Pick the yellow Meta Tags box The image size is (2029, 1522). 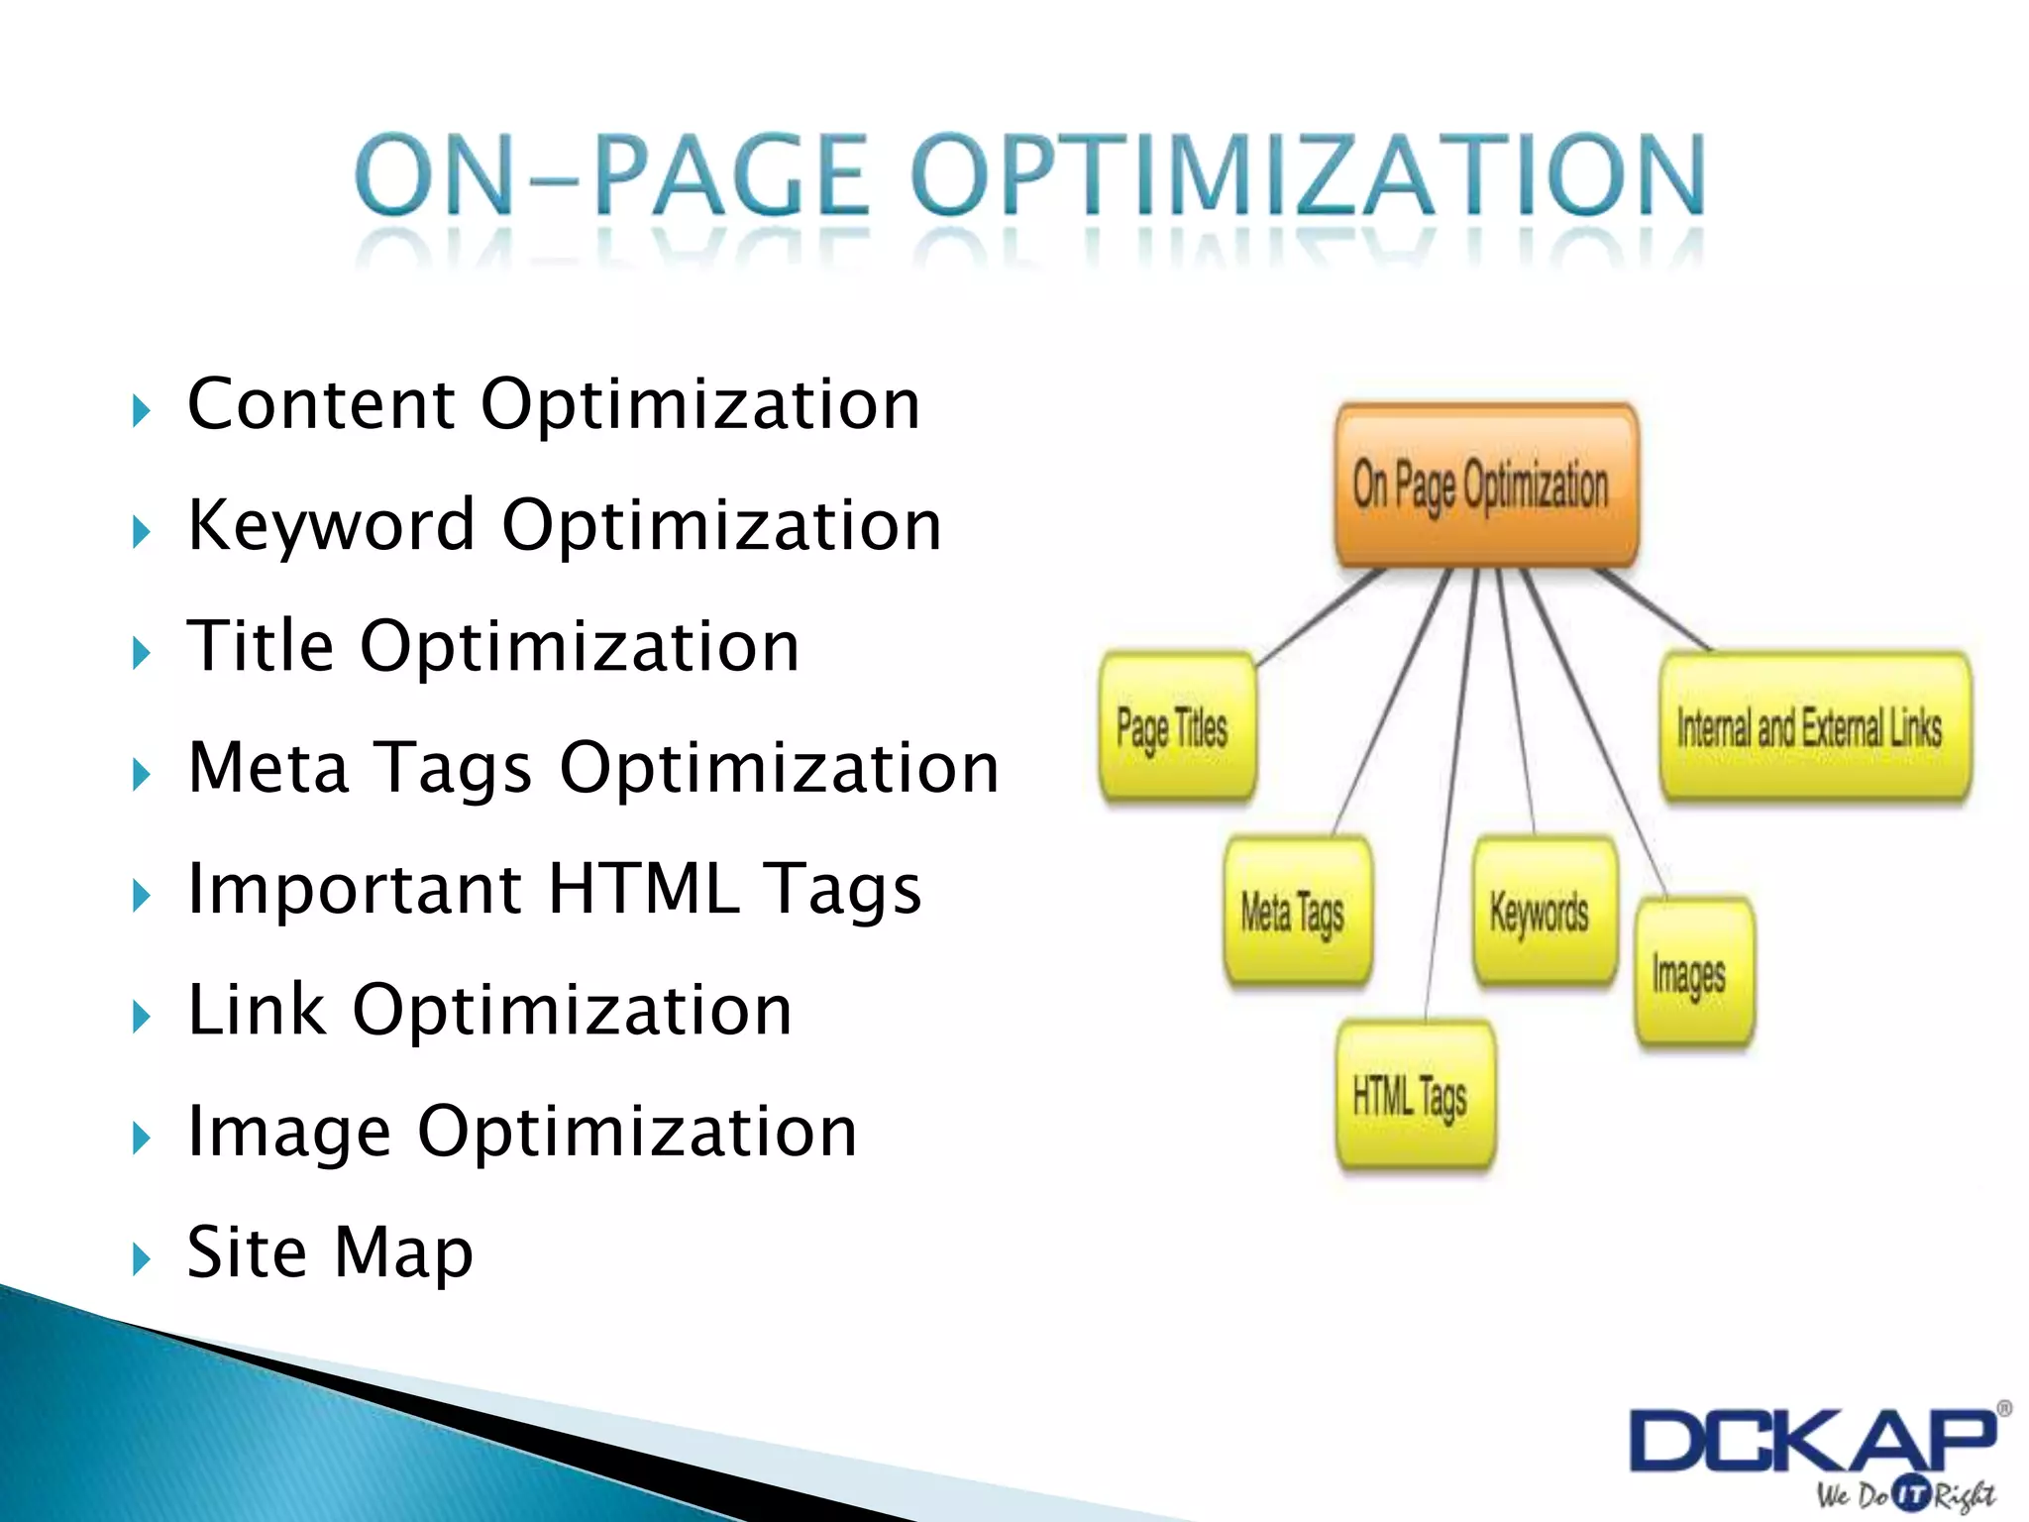[1298, 912]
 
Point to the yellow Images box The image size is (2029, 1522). [1692, 973]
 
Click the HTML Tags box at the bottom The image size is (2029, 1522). [1415, 1096]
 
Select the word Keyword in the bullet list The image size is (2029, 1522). [332, 525]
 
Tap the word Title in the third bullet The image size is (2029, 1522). [261, 646]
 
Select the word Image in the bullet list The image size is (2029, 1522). [288, 1133]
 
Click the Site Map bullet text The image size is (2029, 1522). [330, 1252]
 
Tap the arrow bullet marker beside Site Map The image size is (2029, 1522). [142, 1259]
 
